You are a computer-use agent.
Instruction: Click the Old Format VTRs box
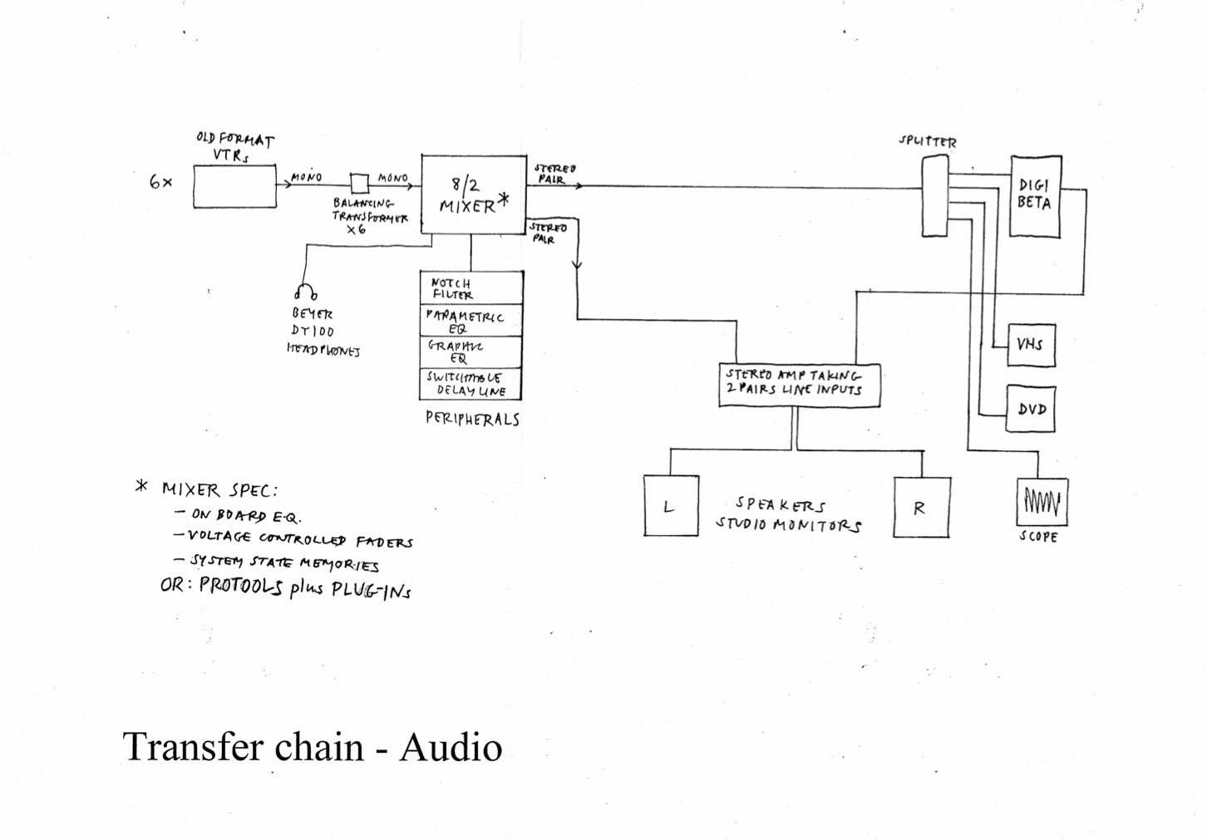[234, 185]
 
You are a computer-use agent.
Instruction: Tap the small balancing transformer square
[359, 182]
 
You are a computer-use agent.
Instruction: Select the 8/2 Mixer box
[473, 194]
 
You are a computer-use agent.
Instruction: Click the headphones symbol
[305, 292]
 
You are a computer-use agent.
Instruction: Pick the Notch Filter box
[471, 288]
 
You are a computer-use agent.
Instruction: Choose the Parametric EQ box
[471, 320]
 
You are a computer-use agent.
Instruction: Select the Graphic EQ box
[471, 352]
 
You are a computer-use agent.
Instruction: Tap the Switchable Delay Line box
[471, 384]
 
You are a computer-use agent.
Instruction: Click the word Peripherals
[472, 419]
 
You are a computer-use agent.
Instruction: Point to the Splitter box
[934, 198]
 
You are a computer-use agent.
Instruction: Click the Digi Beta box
[1035, 196]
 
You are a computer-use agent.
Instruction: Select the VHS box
[1031, 344]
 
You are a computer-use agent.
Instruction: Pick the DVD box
[1031, 409]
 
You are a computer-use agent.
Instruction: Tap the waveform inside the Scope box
[1042, 501]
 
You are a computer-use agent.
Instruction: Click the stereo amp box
[799, 386]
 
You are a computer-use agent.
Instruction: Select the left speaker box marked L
[671, 506]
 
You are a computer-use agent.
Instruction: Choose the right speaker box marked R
[921, 507]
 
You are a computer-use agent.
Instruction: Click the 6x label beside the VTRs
[160, 182]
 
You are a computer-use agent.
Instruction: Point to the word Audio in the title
[451, 747]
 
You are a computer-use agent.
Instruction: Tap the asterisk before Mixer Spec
[141, 486]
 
